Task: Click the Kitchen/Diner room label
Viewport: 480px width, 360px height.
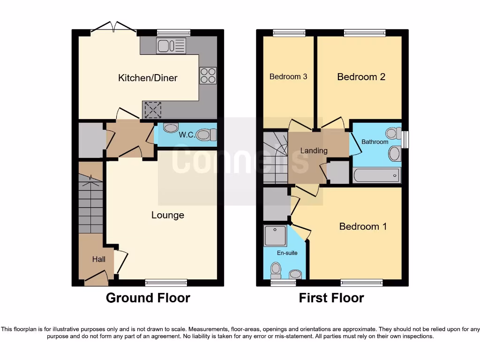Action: click(x=148, y=78)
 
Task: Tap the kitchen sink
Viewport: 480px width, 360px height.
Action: click(x=172, y=45)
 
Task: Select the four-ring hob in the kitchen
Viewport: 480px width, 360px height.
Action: click(x=208, y=75)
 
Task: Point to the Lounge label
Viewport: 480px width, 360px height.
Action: click(x=167, y=215)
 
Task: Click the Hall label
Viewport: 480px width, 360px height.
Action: click(x=98, y=259)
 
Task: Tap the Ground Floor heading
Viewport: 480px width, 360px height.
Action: click(x=148, y=298)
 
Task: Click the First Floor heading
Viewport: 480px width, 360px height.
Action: click(x=331, y=298)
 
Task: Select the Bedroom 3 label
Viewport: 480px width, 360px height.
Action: click(x=288, y=76)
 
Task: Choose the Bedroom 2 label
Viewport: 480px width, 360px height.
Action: click(x=361, y=76)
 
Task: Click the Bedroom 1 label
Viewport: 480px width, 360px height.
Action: click(x=363, y=226)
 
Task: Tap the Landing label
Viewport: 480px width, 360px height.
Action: click(x=314, y=150)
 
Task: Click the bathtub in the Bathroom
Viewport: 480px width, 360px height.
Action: click(x=376, y=175)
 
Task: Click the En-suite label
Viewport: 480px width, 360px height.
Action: click(x=287, y=253)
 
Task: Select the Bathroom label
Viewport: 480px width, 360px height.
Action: click(x=375, y=142)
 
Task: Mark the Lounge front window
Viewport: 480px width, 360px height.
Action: click(x=166, y=282)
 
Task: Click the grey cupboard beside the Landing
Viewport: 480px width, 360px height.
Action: click(x=337, y=172)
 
